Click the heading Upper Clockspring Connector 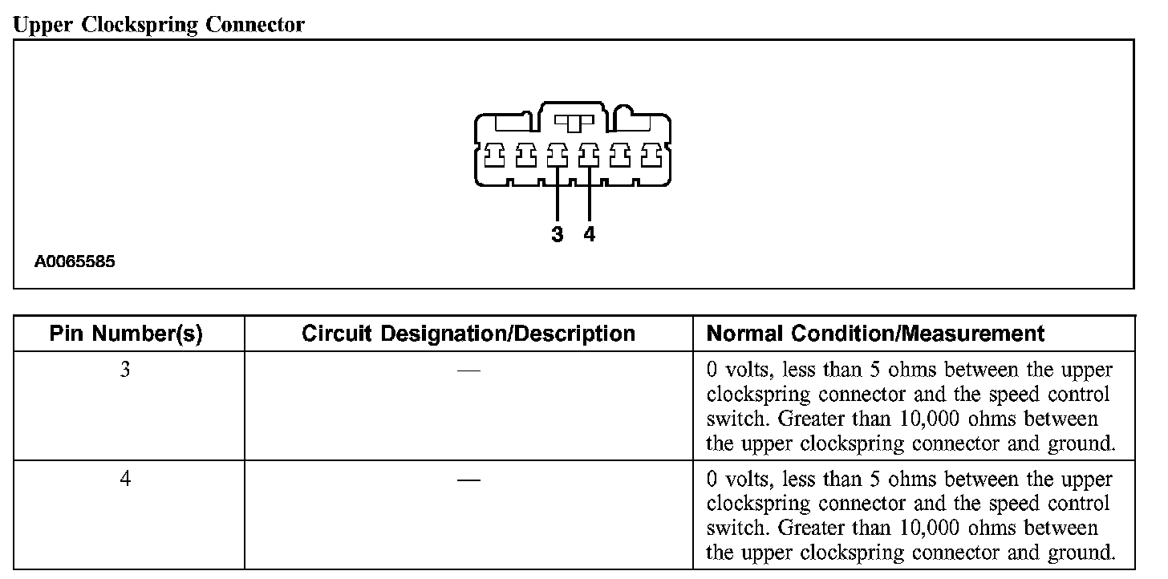pos(159,24)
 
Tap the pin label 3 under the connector pos(558,234)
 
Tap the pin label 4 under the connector pos(590,234)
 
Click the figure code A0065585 pos(75,261)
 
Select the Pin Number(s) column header pos(126,334)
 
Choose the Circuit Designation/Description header pos(468,334)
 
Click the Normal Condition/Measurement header pos(875,334)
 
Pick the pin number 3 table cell pos(126,372)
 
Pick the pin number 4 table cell pos(126,479)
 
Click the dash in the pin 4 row pos(468,480)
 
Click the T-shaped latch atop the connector pos(573,123)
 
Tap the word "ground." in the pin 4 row pos(1083,553)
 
